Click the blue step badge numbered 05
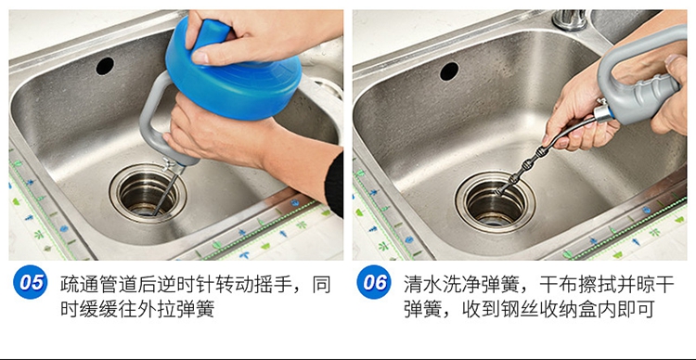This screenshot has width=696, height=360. pyautogui.click(x=31, y=282)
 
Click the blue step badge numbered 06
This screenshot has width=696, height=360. pyautogui.click(x=374, y=282)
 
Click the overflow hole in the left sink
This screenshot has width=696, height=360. pyautogui.click(x=105, y=66)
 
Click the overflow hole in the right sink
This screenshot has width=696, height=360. pyautogui.click(x=449, y=71)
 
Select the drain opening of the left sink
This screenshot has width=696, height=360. pyautogui.click(x=148, y=193)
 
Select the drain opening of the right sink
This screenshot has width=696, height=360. pyautogui.click(x=495, y=202)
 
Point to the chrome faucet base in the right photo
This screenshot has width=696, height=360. pyautogui.click(x=570, y=20)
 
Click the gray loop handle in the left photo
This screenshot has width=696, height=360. pyautogui.click(x=150, y=116)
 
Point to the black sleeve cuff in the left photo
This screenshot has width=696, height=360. pyautogui.click(x=335, y=185)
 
